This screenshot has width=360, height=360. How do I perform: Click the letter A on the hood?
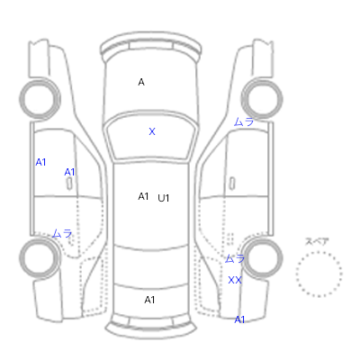(x=141, y=82)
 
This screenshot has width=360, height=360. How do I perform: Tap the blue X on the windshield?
(x=152, y=131)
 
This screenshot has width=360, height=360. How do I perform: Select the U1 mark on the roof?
(x=164, y=198)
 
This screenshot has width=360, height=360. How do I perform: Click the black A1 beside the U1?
(x=143, y=196)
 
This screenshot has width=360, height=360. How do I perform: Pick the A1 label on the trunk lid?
(x=149, y=300)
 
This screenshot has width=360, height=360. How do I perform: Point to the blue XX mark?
(x=235, y=280)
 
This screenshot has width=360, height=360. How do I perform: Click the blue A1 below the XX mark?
(x=239, y=319)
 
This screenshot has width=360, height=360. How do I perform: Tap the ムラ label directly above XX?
(x=235, y=258)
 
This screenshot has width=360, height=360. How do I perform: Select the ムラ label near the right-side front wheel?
(x=244, y=121)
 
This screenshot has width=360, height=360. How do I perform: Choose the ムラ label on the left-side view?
(x=62, y=233)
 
